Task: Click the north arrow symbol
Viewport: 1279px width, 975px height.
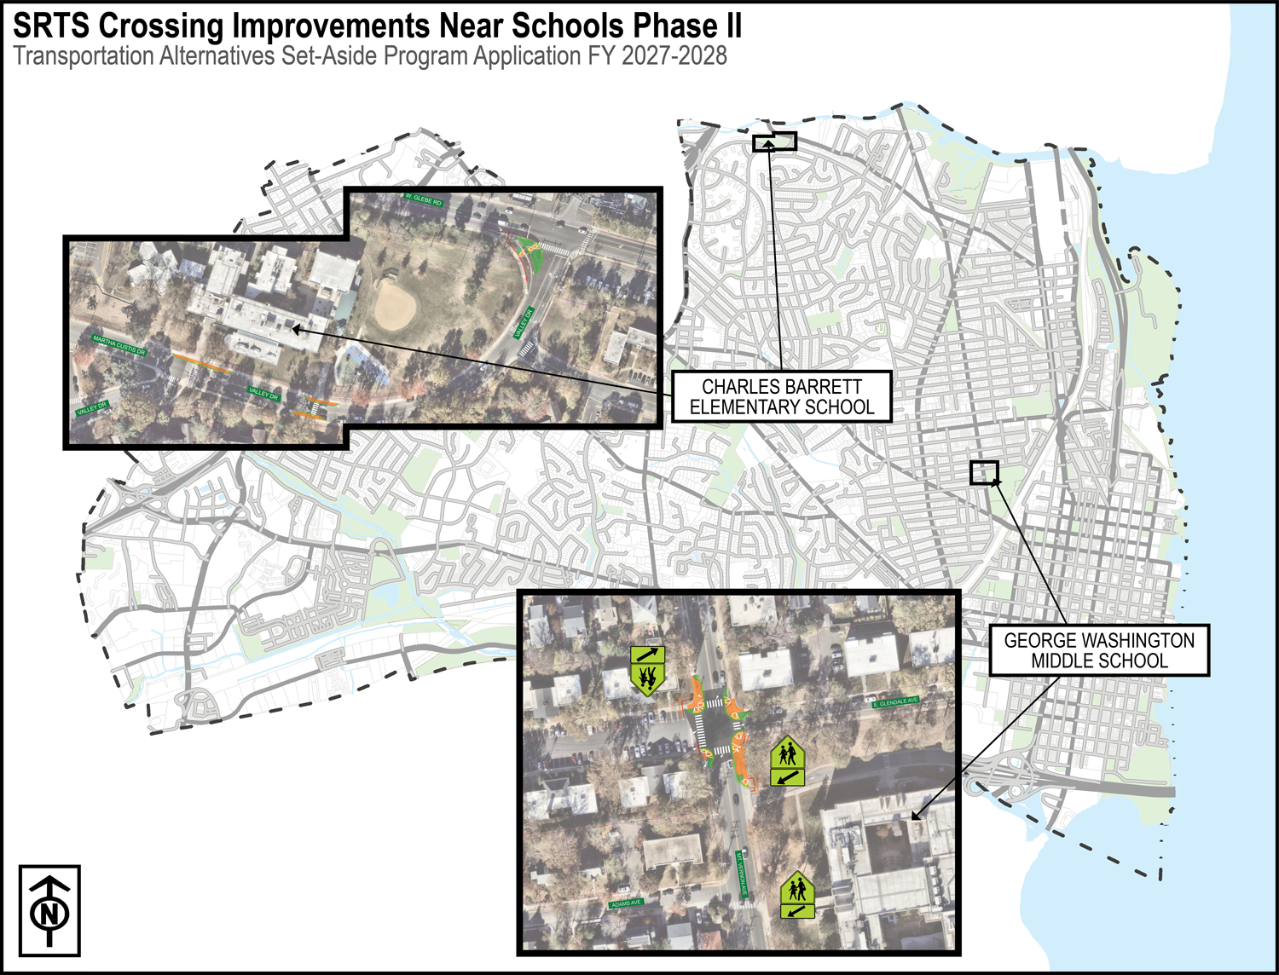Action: click(x=49, y=911)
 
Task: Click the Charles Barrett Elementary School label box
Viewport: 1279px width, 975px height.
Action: click(x=781, y=397)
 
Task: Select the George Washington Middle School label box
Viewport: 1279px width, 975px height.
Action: click(x=1098, y=651)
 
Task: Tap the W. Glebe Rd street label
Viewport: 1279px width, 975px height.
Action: click(x=424, y=200)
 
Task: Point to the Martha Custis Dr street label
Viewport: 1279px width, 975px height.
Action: click(x=119, y=345)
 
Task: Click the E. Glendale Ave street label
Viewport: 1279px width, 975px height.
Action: click(x=896, y=702)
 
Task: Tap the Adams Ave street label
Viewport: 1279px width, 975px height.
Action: click(x=626, y=903)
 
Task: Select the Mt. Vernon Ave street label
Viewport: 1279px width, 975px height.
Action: click(x=742, y=874)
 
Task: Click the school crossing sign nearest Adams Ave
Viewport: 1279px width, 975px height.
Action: click(x=798, y=895)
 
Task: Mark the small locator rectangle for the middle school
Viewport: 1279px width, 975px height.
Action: click(x=984, y=472)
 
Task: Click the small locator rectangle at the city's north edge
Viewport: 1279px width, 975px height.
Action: click(x=774, y=141)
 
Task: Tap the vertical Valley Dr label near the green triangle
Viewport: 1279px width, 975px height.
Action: click(x=524, y=324)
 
